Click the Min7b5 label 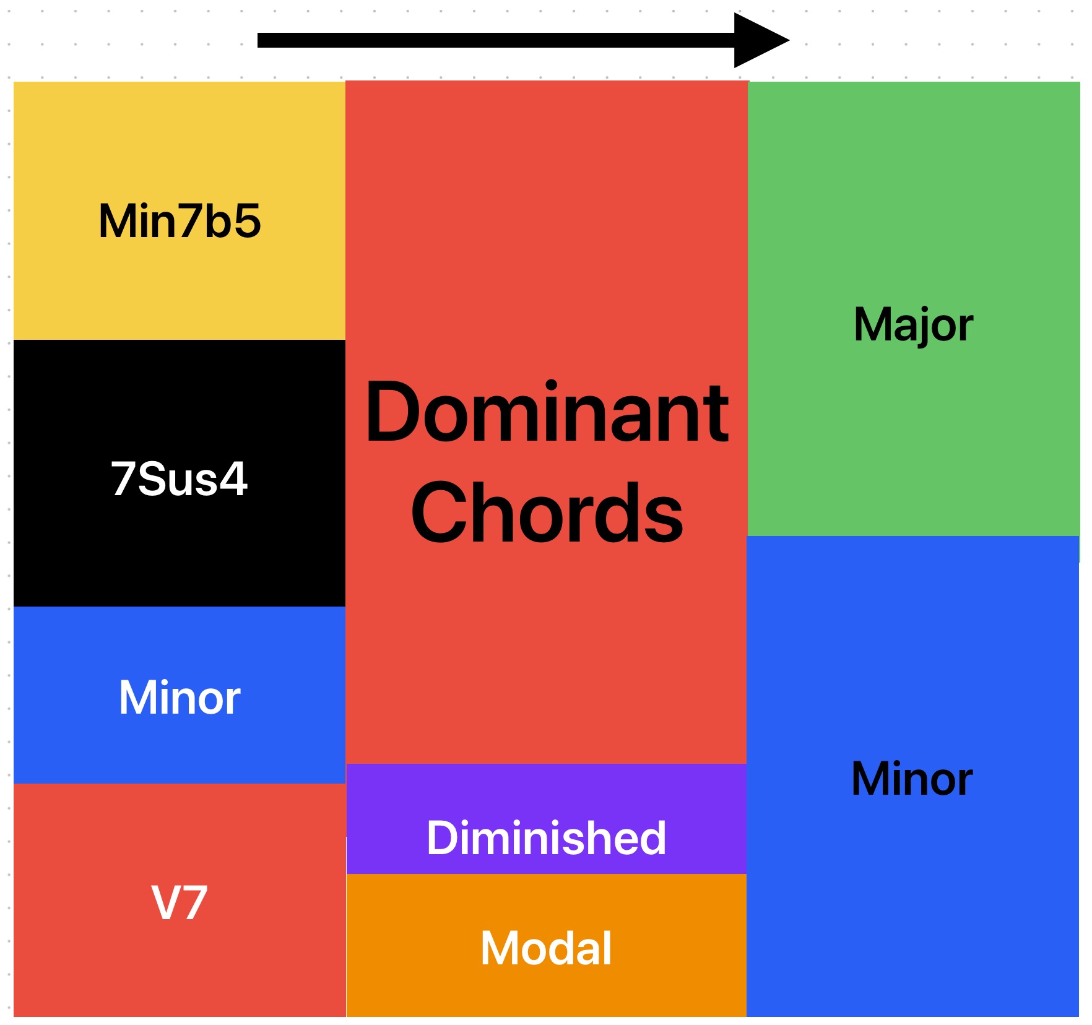[x=180, y=221]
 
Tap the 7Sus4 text [x=180, y=478]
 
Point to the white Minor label [x=180, y=698]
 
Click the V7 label [x=180, y=903]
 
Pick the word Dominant [x=547, y=413]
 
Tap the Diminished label [x=547, y=838]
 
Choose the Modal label [x=547, y=948]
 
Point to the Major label [x=913, y=324]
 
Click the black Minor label [x=912, y=779]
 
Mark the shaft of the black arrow [x=495, y=40]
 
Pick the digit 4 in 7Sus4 [x=234, y=478]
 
